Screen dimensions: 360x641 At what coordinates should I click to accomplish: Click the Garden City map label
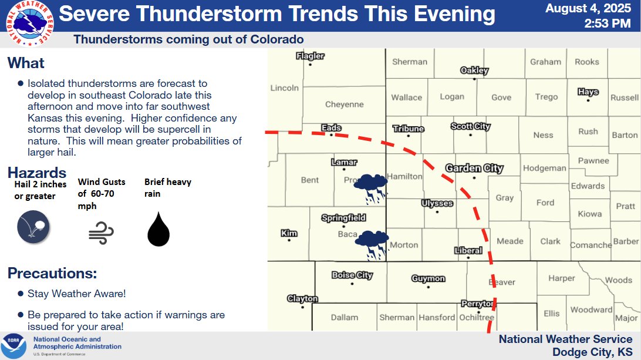(x=474, y=169)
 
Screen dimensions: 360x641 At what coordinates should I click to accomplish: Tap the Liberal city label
(x=468, y=251)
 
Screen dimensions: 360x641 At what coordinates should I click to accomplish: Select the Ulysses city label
(x=437, y=204)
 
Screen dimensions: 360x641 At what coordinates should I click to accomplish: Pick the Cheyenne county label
(x=345, y=105)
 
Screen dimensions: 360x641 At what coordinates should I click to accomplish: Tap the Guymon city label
(x=428, y=279)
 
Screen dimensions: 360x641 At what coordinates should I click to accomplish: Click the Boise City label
(x=352, y=275)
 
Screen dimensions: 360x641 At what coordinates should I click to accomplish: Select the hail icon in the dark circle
(x=33, y=227)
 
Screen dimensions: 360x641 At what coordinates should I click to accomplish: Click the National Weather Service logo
(x=28, y=24)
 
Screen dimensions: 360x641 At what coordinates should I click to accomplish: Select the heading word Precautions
(x=52, y=274)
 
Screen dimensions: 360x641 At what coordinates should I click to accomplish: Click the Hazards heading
(x=36, y=173)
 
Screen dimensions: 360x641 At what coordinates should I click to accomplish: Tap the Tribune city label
(x=409, y=129)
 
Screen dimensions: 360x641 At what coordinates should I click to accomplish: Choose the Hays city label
(x=588, y=92)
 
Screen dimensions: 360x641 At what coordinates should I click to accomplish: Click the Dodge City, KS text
(x=592, y=352)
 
